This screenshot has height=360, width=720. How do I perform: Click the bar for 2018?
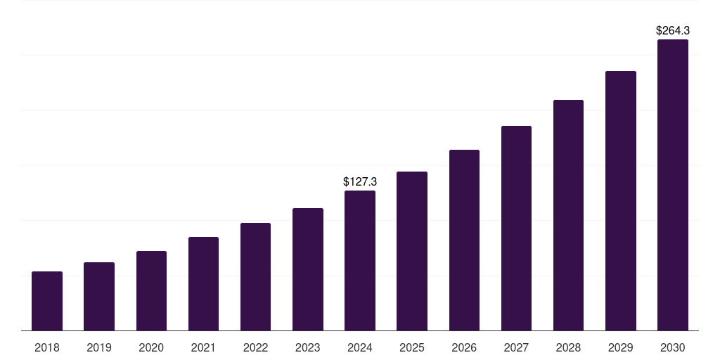tap(47, 301)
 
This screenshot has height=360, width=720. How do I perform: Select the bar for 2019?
tap(99, 296)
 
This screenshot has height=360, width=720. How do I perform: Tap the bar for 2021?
tap(203, 283)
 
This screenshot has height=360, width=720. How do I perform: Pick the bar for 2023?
tap(308, 269)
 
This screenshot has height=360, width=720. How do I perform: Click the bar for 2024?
tap(360, 260)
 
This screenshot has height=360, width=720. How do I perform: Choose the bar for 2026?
tap(464, 240)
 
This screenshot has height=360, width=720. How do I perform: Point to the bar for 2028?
tap(568, 215)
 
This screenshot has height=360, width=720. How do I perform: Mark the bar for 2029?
tap(621, 200)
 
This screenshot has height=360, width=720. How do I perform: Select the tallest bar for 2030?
tap(673, 185)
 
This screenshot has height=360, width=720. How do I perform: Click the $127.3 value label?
tap(360, 181)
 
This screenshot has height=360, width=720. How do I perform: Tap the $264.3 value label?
tap(673, 30)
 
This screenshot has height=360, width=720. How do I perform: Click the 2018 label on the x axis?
tap(47, 347)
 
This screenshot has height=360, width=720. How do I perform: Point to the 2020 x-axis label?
tap(151, 347)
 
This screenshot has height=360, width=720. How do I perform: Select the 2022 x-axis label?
tap(255, 347)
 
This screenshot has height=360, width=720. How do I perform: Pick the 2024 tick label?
tap(360, 347)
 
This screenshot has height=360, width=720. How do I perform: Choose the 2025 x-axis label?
tap(412, 347)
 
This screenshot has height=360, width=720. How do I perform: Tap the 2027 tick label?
tap(516, 347)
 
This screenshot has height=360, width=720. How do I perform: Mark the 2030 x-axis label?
tap(673, 347)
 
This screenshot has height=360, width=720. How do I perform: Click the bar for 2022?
tap(255, 276)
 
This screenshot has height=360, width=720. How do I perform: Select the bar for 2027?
tap(516, 228)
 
